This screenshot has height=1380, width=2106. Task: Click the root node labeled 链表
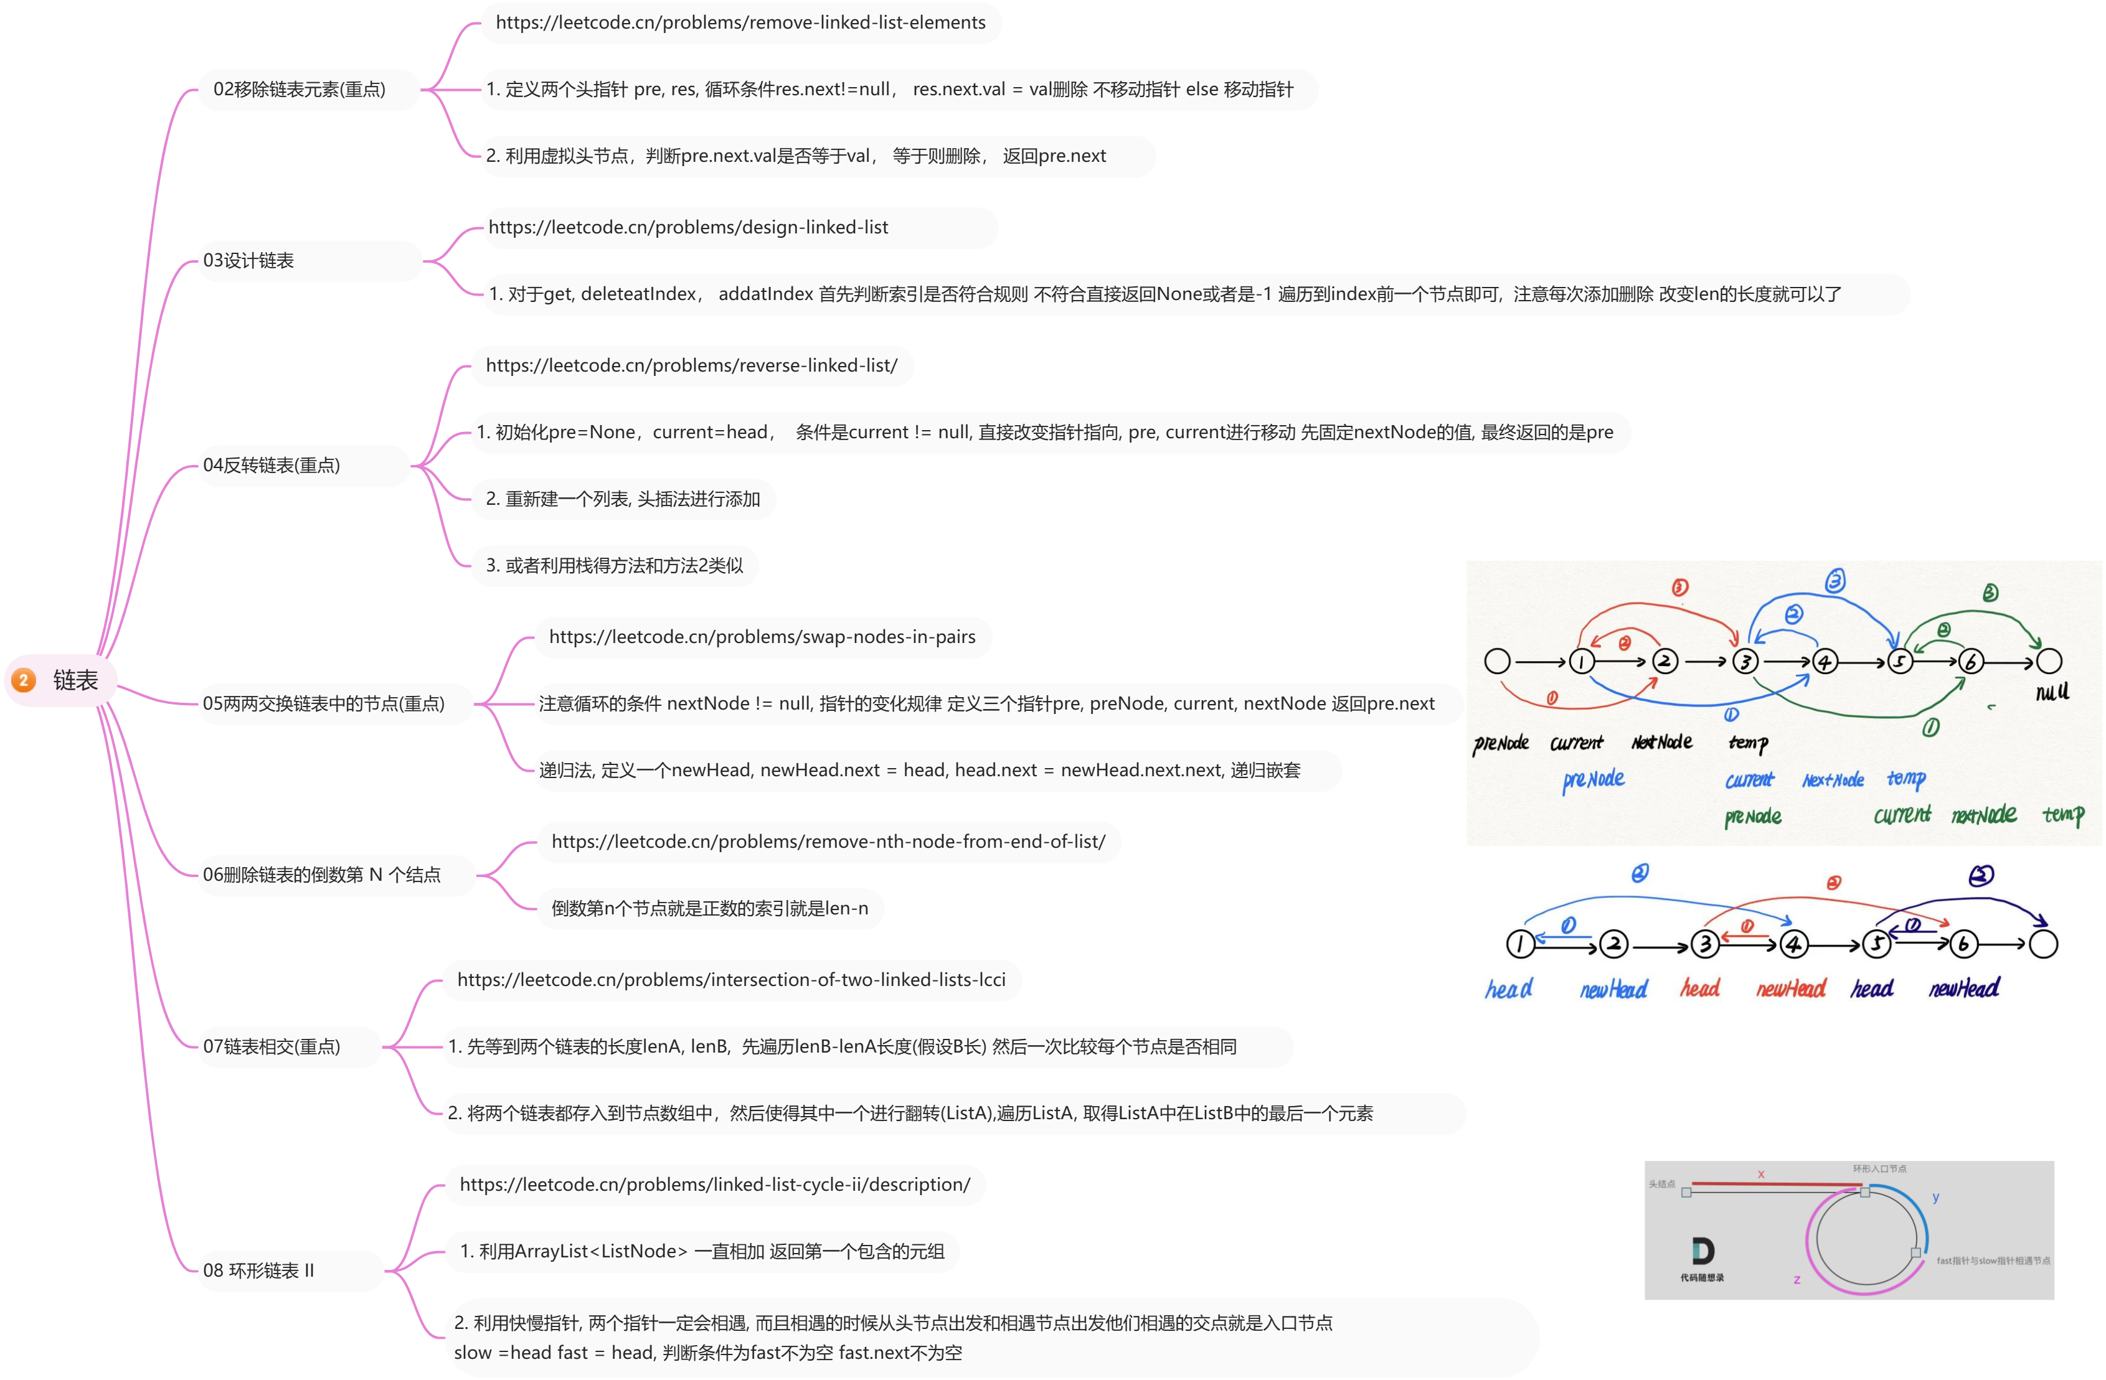[75, 680]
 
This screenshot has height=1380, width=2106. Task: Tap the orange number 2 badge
[24, 680]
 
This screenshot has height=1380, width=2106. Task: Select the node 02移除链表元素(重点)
[300, 90]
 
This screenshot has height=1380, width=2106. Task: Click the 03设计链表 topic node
[248, 261]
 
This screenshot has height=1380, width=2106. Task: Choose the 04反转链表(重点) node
[272, 466]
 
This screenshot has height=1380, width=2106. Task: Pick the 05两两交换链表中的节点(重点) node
[324, 703]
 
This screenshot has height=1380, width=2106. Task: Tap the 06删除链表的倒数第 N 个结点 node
[322, 875]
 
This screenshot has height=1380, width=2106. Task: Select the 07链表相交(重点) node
[272, 1046]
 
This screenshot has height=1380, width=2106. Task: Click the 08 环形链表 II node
[258, 1271]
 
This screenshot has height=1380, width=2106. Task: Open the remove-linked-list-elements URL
[740, 23]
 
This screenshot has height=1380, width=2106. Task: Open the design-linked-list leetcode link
[689, 227]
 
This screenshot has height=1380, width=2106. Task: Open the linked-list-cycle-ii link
[715, 1185]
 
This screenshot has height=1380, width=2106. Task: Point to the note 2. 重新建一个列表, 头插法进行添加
[623, 499]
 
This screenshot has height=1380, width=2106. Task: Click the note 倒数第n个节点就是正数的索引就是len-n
[710, 909]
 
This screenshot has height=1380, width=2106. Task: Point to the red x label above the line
[1761, 1174]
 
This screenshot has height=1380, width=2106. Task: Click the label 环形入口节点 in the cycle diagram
[1879, 1168]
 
